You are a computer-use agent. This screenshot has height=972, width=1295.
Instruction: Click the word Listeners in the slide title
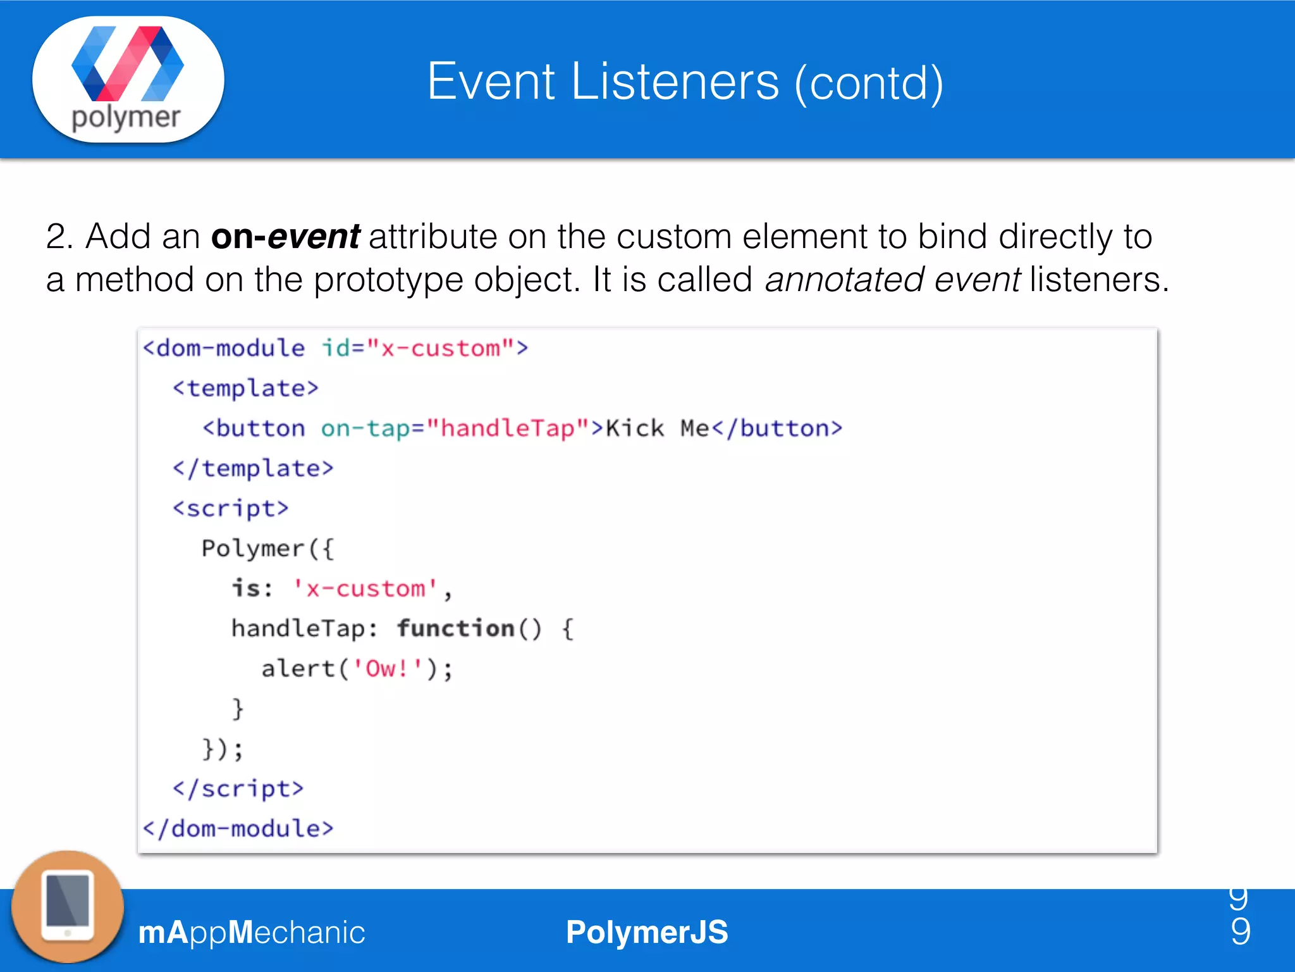coord(675,82)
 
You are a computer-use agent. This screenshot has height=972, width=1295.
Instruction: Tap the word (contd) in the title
coord(869,83)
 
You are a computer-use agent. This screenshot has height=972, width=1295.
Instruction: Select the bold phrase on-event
coord(285,237)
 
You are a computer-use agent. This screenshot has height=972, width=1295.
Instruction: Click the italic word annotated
coord(844,280)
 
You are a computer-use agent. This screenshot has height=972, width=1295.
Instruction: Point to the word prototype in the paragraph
coord(388,280)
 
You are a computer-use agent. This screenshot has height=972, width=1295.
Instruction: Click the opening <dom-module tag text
coord(224,348)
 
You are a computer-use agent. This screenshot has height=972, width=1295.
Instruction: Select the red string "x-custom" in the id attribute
coord(440,348)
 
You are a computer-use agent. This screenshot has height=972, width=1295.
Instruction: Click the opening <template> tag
coord(245,388)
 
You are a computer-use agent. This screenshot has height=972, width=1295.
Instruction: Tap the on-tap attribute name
coord(365,428)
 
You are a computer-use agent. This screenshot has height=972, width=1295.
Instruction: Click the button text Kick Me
coord(658,428)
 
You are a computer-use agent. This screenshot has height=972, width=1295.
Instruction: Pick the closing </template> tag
coord(253,468)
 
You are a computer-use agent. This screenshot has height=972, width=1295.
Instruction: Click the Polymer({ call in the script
coord(267,549)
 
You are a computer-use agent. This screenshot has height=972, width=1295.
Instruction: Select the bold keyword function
coord(455,628)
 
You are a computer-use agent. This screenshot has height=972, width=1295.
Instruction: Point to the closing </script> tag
coord(238,789)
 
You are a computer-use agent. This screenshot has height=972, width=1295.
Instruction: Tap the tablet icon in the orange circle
coord(68,907)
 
